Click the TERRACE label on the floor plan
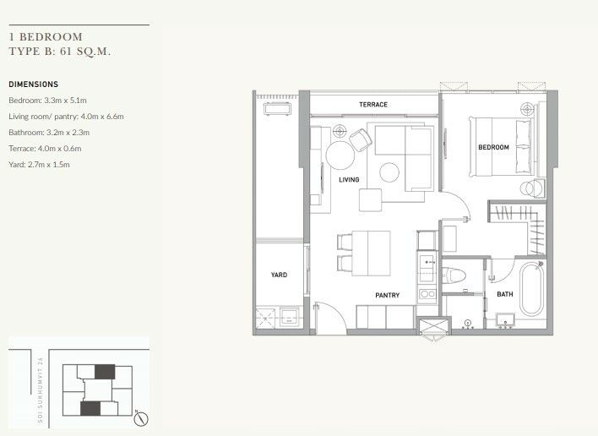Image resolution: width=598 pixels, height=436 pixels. (x=373, y=105)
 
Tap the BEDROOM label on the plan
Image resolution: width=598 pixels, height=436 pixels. (x=493, y=147)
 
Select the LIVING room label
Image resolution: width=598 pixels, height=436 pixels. (x=349, y=180)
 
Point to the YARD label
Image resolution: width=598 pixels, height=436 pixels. (x=279, y=275)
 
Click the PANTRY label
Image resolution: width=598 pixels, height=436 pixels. (x=388, y=295)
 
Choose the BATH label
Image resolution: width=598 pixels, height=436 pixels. (x=505, y=294)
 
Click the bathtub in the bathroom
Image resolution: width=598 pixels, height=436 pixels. (x=531, y=289)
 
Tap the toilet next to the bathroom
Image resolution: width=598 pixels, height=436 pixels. (x=454, y=275)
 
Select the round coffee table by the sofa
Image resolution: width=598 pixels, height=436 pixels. (x=389, y=172)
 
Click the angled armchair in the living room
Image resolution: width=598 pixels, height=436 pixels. (x=361, y=140)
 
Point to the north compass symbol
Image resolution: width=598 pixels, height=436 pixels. (x=141, y=418)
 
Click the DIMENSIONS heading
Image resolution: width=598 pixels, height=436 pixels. (x=34, y=84)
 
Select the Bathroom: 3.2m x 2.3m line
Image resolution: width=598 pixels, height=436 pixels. (x=49, y=133)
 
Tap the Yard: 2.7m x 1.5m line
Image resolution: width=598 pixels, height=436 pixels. (x=40, y=165)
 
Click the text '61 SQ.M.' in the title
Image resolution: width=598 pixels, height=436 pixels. (x=85, y=52)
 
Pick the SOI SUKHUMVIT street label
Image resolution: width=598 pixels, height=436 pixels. (x=41, y=390)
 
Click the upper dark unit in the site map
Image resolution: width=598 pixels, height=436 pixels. (x=105, y=372)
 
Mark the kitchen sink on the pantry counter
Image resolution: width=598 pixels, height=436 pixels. (x=427, y=264)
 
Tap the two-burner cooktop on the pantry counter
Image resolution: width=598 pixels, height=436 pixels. (x=427, y=294)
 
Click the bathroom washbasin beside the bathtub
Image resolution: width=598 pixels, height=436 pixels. (x=505, y=320)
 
